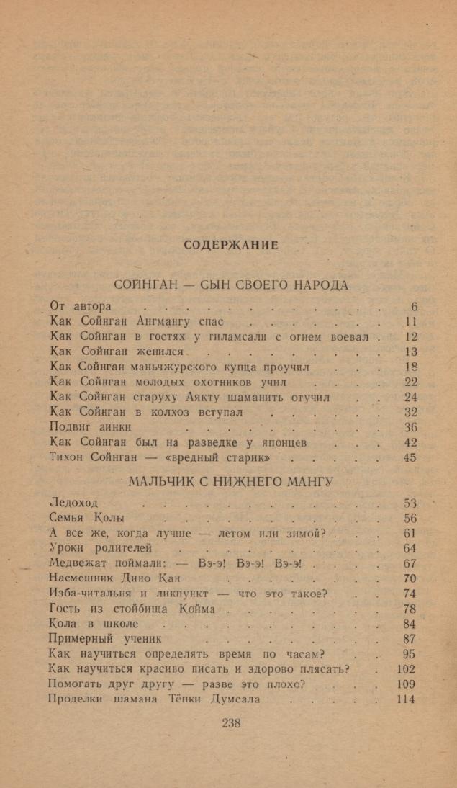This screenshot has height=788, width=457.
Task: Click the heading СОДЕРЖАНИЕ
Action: (x=231, y=246)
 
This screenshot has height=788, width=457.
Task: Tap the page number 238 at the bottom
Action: (x=232, y=724)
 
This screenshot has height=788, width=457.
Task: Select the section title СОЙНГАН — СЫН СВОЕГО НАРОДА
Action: (x=232, y=285)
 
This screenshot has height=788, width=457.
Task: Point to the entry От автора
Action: (x=81, y=306)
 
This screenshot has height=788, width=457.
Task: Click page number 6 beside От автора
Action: (x=413, y=306)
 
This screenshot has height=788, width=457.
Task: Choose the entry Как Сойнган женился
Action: (x=118, y=352)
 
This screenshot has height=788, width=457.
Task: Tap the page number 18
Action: (x=410, y=367)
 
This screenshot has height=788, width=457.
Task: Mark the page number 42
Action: (x=410, y=442)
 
